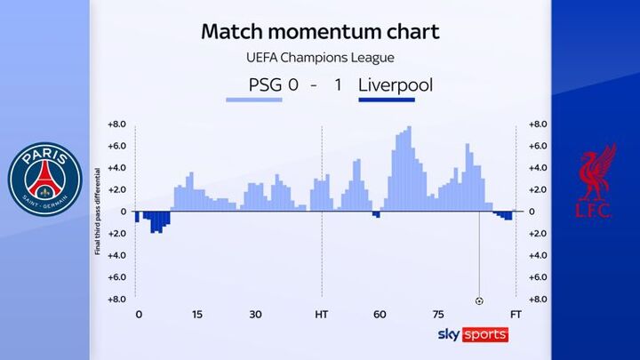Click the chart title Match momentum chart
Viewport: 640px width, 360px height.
[320, 32]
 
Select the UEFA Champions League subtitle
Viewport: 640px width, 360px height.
[320, 58]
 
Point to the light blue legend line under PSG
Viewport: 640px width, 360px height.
[254, 100]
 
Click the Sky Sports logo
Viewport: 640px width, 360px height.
[472, 334]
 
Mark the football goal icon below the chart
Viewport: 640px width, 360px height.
[480, 300]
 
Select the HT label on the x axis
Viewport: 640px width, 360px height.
[321, 316]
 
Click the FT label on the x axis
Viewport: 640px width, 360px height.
[516, 316]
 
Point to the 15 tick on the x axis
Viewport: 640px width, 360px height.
[196, 316]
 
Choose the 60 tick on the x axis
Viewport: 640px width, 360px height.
[380, 316]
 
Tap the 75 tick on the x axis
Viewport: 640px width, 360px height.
[438, 316]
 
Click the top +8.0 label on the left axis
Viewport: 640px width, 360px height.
[117, 124]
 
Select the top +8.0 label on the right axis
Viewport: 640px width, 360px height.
[536, 124]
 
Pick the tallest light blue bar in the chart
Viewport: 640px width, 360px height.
[409, 169]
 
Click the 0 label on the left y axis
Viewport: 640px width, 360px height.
[124, 212]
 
